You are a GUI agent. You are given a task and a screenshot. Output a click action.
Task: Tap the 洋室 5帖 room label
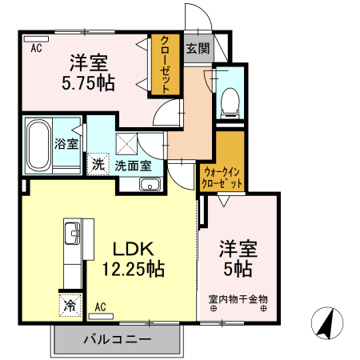click(238, 258)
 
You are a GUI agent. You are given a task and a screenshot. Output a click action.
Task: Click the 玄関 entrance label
click(198, 48)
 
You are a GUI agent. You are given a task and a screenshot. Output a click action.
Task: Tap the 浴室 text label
click(66, 145)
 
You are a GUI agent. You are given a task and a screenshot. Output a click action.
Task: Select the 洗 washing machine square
click(97, 166)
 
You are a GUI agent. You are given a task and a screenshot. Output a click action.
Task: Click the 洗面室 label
click(132, 166)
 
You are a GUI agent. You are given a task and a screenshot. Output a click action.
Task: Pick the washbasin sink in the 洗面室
click(150, 185)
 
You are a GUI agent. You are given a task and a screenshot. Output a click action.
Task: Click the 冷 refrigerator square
click(70, 305)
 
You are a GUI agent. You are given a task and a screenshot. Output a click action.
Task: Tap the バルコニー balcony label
click(118, 340)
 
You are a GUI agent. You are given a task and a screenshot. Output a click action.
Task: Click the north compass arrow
click(326, 322)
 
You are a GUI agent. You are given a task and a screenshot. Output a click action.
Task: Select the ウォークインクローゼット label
click(222, 178)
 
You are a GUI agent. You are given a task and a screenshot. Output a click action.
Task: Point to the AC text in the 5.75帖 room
click(36, 48)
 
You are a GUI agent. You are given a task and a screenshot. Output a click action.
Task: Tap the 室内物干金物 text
click(238, 300)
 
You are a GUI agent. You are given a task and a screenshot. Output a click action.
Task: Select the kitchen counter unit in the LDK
click(70, 252)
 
